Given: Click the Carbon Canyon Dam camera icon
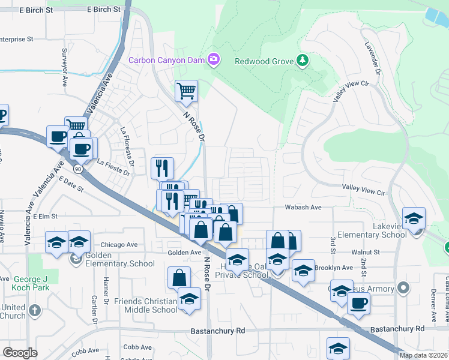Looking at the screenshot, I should click(213, 59).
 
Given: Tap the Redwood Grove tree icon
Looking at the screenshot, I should click(303, 60).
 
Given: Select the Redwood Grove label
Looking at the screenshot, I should click(264, 61).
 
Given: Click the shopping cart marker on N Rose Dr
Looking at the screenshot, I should click(186, 91).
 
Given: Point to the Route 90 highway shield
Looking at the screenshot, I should click(79, 169).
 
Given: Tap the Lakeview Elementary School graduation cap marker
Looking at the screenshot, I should click(414, 219).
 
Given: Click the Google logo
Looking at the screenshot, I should click(20, 352).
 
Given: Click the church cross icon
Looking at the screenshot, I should click(35, 311).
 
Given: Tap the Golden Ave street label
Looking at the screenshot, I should click(184, 253).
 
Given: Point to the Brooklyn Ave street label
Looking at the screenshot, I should click(336, 268).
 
